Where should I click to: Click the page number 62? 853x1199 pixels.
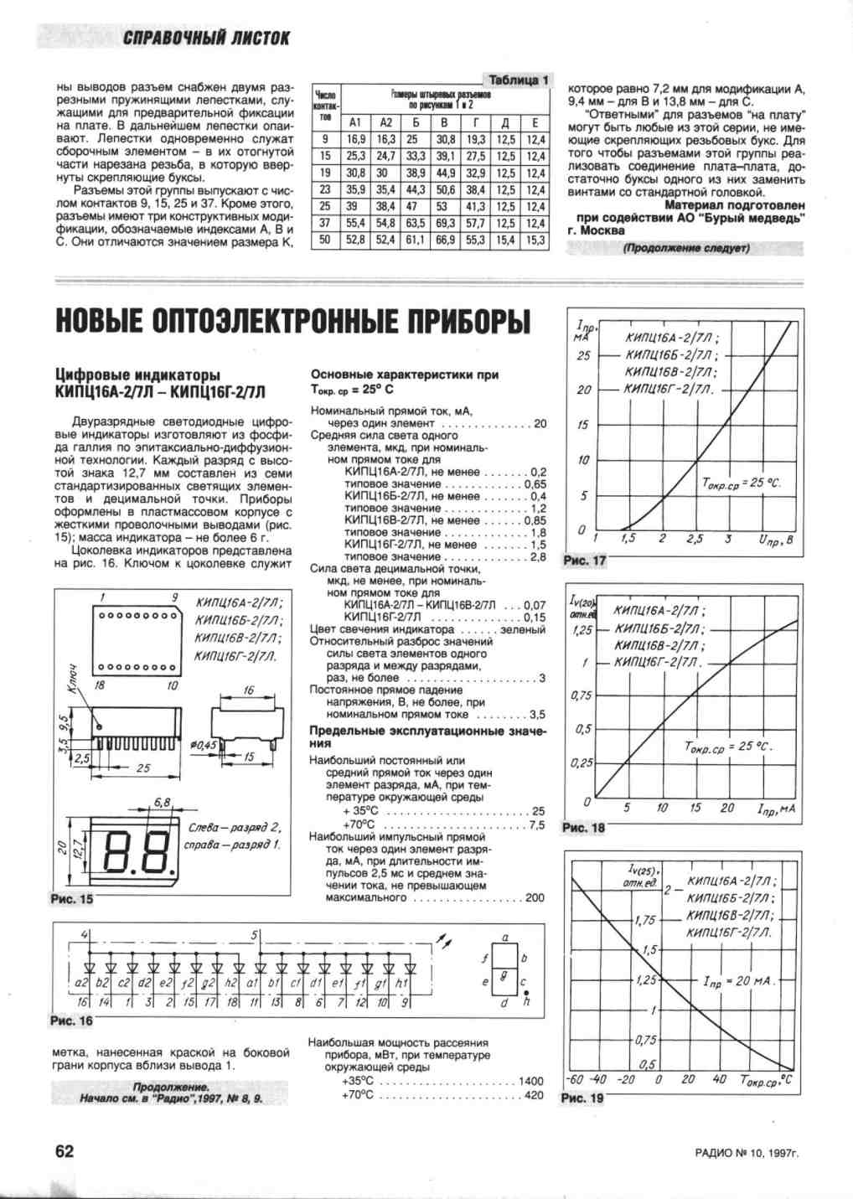(x=65, y=1150)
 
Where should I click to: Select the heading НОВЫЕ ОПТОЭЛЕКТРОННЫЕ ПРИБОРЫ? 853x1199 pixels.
(x=293, y=320)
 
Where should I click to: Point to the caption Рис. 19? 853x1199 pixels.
(x=582, y=1098)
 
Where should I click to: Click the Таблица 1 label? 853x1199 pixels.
(x=519, y=80)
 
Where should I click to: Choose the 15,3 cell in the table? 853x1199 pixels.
(x=535, y=240)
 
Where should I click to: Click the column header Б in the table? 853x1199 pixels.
(x=413, y=122)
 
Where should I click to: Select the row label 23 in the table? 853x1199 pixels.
(x=325, y=190)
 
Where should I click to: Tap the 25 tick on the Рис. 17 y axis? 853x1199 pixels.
(x=583, y=355)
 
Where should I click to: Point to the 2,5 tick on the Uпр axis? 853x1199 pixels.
(x=695, y=539)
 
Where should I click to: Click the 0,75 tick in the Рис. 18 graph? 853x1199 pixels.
(x=582, y=695)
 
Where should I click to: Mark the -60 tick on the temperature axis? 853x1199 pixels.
(x=576, y=1079)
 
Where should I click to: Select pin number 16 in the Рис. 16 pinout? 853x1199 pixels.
(x=82, y=1002)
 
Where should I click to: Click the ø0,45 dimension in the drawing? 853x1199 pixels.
(x=204, y=743)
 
